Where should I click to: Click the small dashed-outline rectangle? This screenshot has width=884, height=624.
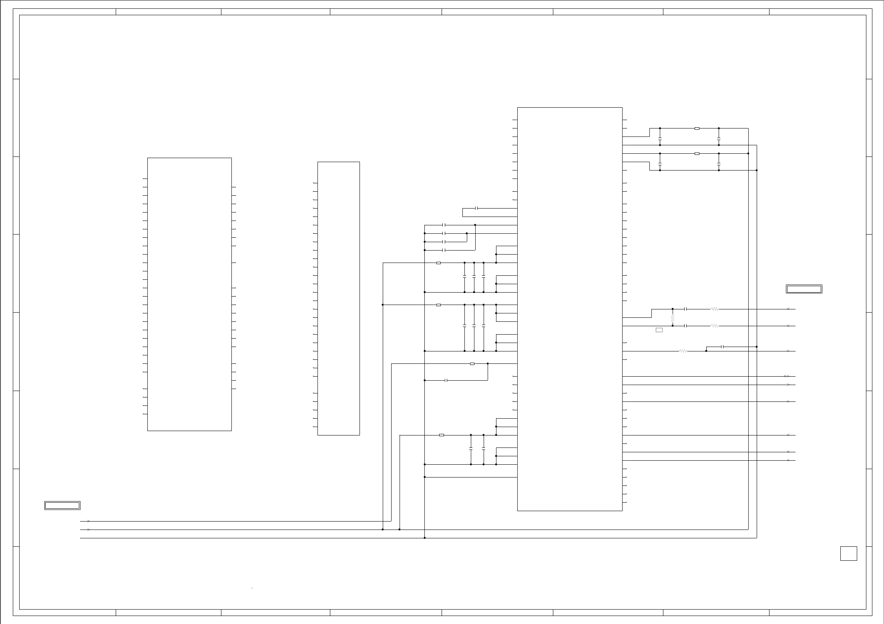coord(659,330)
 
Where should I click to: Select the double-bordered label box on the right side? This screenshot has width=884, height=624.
coord(804,289)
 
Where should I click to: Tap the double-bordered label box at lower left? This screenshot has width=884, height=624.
coord(62,506)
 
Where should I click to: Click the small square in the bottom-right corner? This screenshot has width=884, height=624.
coord(848,554)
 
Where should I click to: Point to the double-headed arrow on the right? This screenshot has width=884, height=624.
coord(786,376)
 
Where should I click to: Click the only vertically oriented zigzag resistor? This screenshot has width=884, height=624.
coord(673,318)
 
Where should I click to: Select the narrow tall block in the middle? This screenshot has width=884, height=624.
coord(338,298)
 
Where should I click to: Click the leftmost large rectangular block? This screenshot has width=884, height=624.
coord(189,294)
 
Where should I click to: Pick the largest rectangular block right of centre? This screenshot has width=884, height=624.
coord(570,309)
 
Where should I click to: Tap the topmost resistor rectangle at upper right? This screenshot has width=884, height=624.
coord(697,128)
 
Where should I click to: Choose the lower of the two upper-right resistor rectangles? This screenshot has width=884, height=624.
coord(697,154)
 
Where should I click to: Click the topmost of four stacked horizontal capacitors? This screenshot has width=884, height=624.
coord(444,225)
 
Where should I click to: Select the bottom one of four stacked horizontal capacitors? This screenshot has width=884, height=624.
coord(444,250)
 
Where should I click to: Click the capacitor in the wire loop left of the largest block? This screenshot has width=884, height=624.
coord(476,208)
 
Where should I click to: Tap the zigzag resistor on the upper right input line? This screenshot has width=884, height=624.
coord(715,309)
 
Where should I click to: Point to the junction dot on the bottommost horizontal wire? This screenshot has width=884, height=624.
coord(425,538)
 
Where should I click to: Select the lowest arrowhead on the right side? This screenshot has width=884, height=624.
coord(788,460)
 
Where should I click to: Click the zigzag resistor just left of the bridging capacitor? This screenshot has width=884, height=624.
coord(683,351)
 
